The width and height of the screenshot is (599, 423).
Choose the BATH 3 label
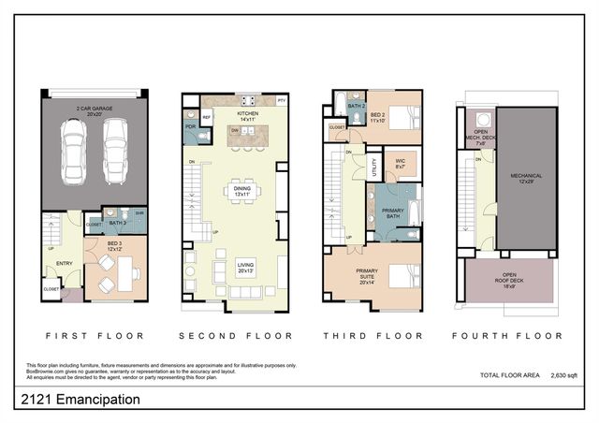point(116,223)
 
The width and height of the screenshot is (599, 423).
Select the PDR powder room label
point(191,125)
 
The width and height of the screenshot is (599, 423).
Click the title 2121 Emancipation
point(80,400)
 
